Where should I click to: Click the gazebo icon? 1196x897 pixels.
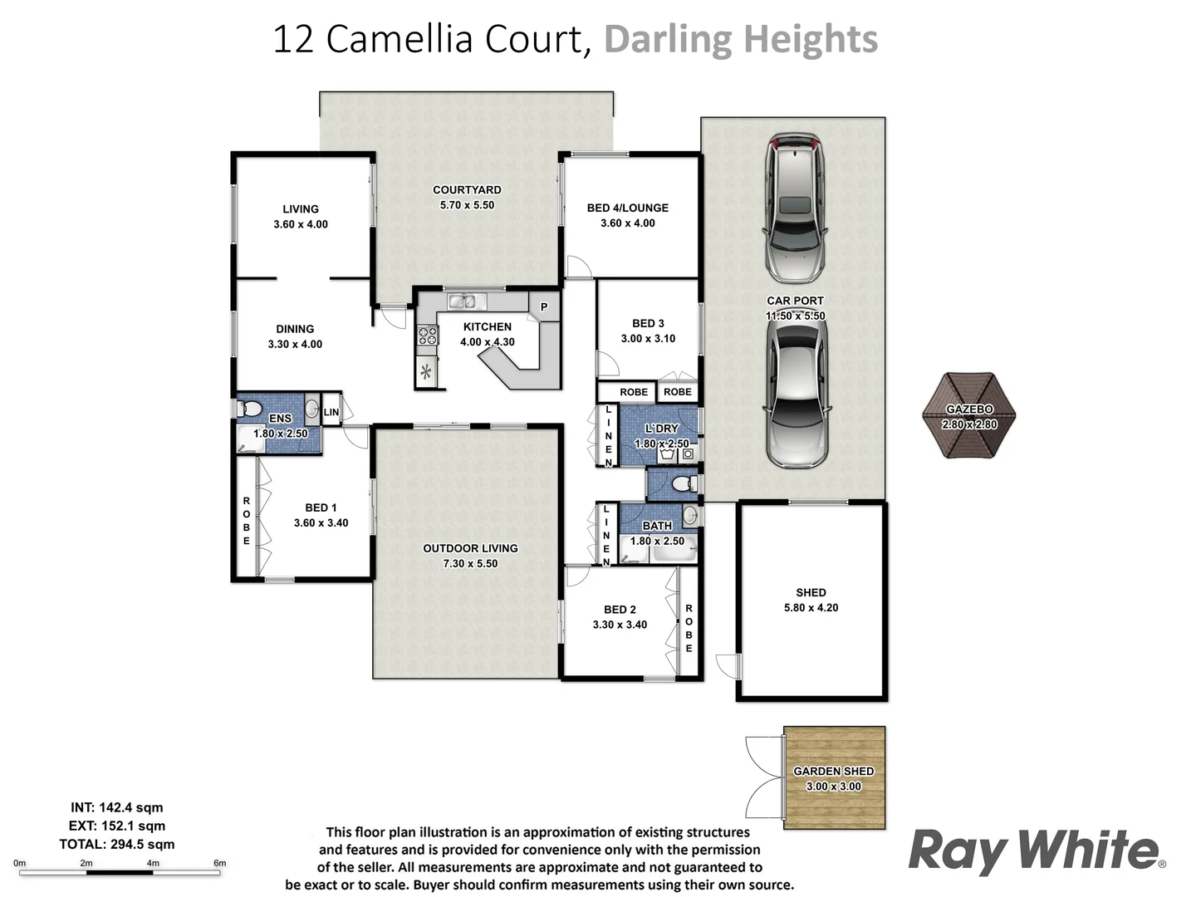969,415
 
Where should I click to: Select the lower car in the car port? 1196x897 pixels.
796,395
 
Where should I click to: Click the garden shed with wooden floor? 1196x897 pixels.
834,778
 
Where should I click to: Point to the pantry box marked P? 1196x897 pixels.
544,306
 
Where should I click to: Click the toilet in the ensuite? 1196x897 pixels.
248,409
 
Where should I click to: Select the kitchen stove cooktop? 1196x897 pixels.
427,336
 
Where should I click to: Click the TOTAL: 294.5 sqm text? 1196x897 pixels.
117,844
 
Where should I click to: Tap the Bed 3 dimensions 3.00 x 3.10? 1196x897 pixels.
648,339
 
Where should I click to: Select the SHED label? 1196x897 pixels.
811,592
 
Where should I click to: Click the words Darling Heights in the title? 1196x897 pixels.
740,39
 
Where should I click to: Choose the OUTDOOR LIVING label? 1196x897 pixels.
470,548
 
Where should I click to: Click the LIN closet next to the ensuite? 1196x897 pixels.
331,412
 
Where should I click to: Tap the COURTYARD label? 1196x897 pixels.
467,190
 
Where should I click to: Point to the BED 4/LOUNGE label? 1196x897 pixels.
627,208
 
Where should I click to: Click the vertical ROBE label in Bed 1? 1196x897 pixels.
247,521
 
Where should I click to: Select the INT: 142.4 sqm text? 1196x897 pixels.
117,807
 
